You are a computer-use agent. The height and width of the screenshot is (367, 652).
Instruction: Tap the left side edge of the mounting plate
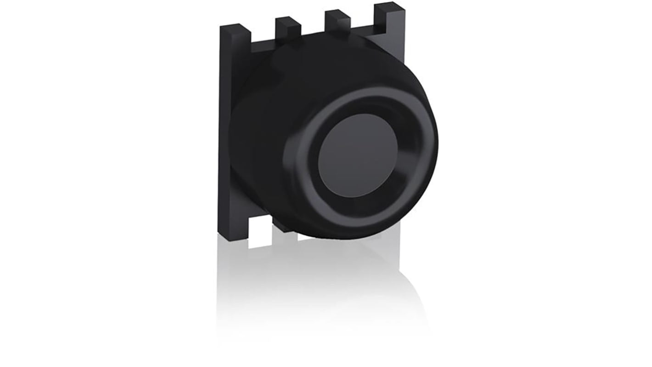(x=222, y=138)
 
